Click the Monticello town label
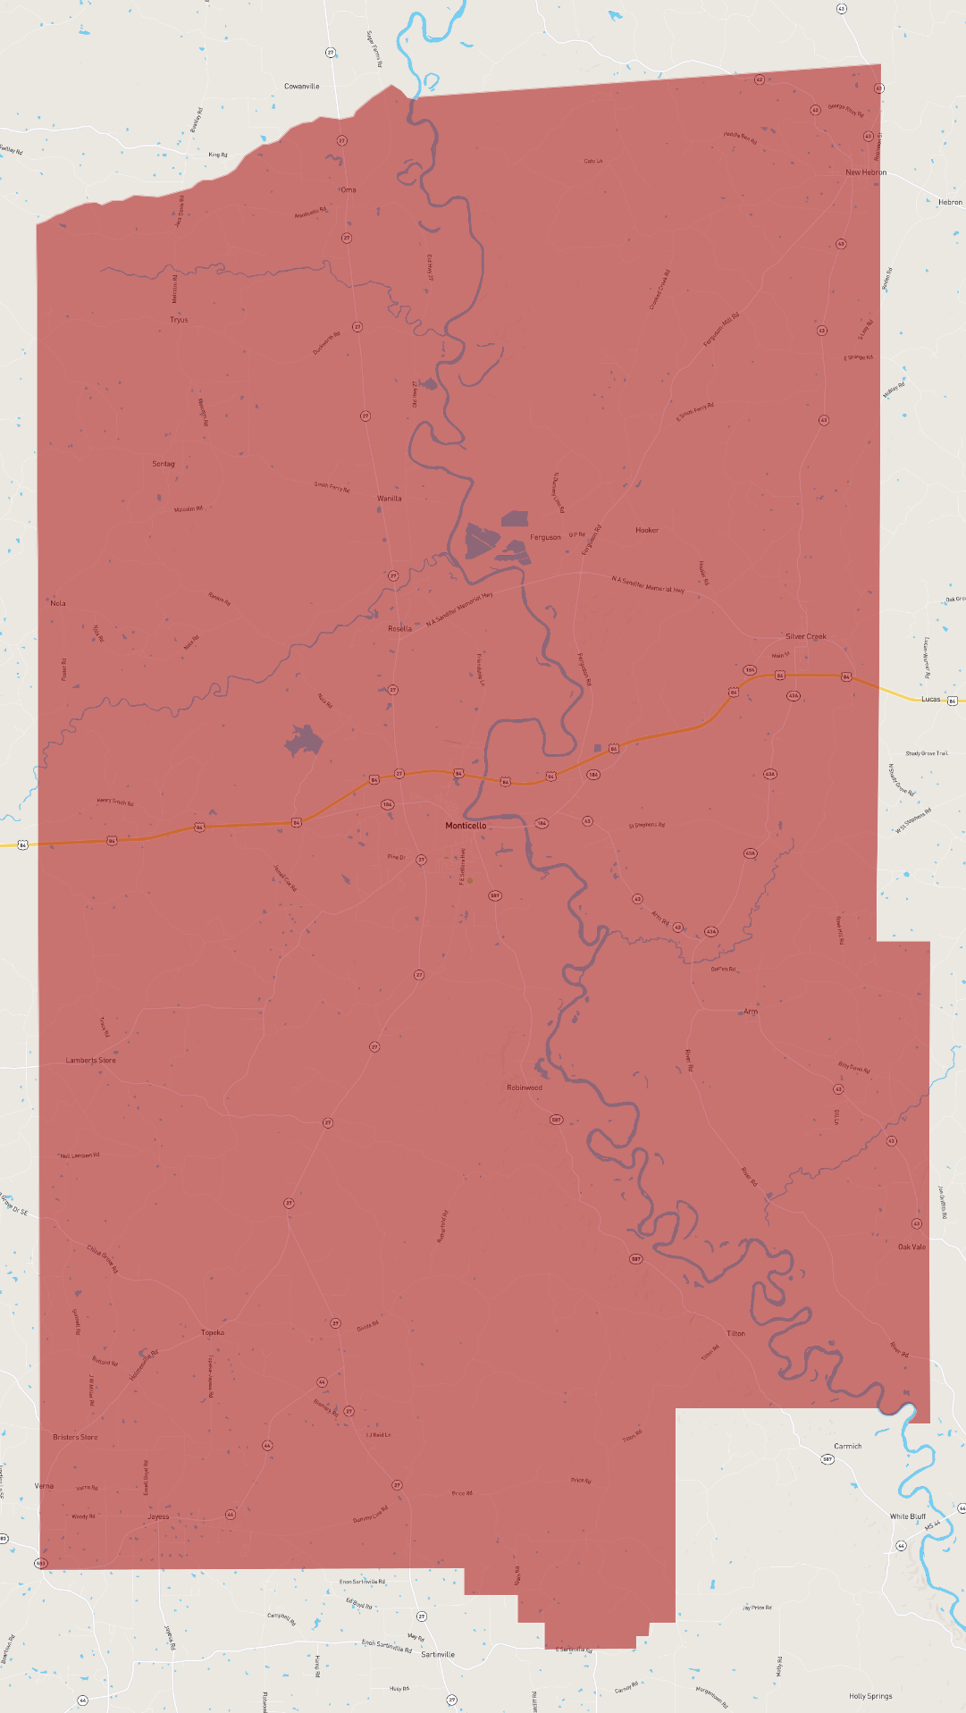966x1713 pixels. click(466, 826)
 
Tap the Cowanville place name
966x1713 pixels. click(301, 87)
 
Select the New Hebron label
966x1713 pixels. click(866, 172)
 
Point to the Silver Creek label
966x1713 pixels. click(805, 636)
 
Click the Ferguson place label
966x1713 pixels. click(545, 537)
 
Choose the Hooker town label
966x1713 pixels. click(647, 530)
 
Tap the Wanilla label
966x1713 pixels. click(389, 499)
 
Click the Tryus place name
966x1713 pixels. click(179, 320)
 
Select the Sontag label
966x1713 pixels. click(164, 464)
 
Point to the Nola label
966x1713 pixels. click(58, 603)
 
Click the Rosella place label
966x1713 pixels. click(399, 629)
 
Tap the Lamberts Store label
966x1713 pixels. click(90, 1061)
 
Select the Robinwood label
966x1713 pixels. click(525, 1087)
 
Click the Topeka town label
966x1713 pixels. click(213, 1332)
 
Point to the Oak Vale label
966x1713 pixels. click(911, 1247)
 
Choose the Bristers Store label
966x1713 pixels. click(75, 1437)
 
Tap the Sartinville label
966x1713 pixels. click(438, 1654)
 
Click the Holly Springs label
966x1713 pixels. click(870, 1696)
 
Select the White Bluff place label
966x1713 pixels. click(907, 1516)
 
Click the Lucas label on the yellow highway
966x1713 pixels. click(930, 699)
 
